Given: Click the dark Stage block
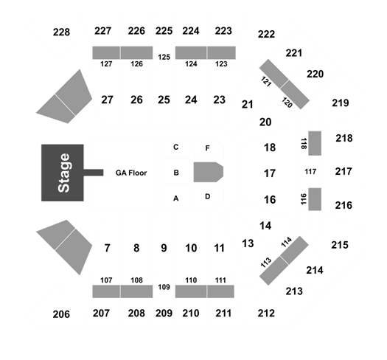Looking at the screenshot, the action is tap(63, 173).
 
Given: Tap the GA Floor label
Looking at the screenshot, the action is tap(131, 173).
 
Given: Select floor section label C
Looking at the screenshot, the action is tap(175, 147).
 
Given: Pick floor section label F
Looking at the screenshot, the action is tap(208, 148).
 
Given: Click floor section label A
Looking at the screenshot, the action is tap(175, 198).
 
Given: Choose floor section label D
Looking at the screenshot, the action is tap(208, 196).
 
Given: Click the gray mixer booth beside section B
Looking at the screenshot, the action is tap(209, 172).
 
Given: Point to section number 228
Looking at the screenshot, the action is tap(61, 32).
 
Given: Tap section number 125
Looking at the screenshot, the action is tap(164, 57).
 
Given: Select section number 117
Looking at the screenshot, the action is tap(310, 171).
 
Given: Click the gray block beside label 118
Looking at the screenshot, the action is tap(315, 143).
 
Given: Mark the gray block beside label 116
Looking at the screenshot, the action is tap(315, 199).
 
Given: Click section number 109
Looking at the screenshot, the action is tap(164, 287).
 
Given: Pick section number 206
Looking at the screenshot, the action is tap(61, 314).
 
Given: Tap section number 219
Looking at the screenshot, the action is tap(341, 103).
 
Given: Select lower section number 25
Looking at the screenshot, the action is tap(164, 100).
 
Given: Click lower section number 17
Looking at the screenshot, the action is tap(270, 173).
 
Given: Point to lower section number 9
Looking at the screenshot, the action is tap(164, 248).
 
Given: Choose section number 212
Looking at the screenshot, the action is tap(266, 314).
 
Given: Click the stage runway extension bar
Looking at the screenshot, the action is tap(94, 173).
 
